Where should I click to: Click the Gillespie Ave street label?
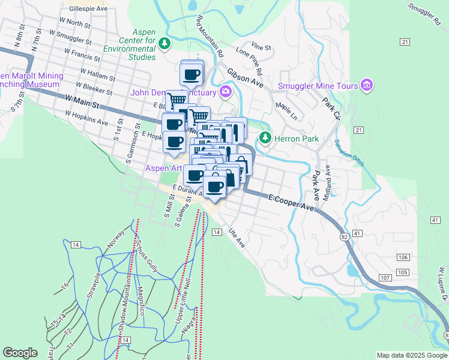pos(88,10)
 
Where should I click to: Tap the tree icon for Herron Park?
pos(265,139)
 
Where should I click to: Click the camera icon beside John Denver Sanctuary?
pos(226,92)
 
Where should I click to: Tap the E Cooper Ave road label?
pos(291,201)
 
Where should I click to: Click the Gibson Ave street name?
pos(245,77)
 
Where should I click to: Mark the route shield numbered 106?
pos(403,257)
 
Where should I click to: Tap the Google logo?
pos(20,353)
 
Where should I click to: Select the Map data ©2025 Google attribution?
pos(411,355)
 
